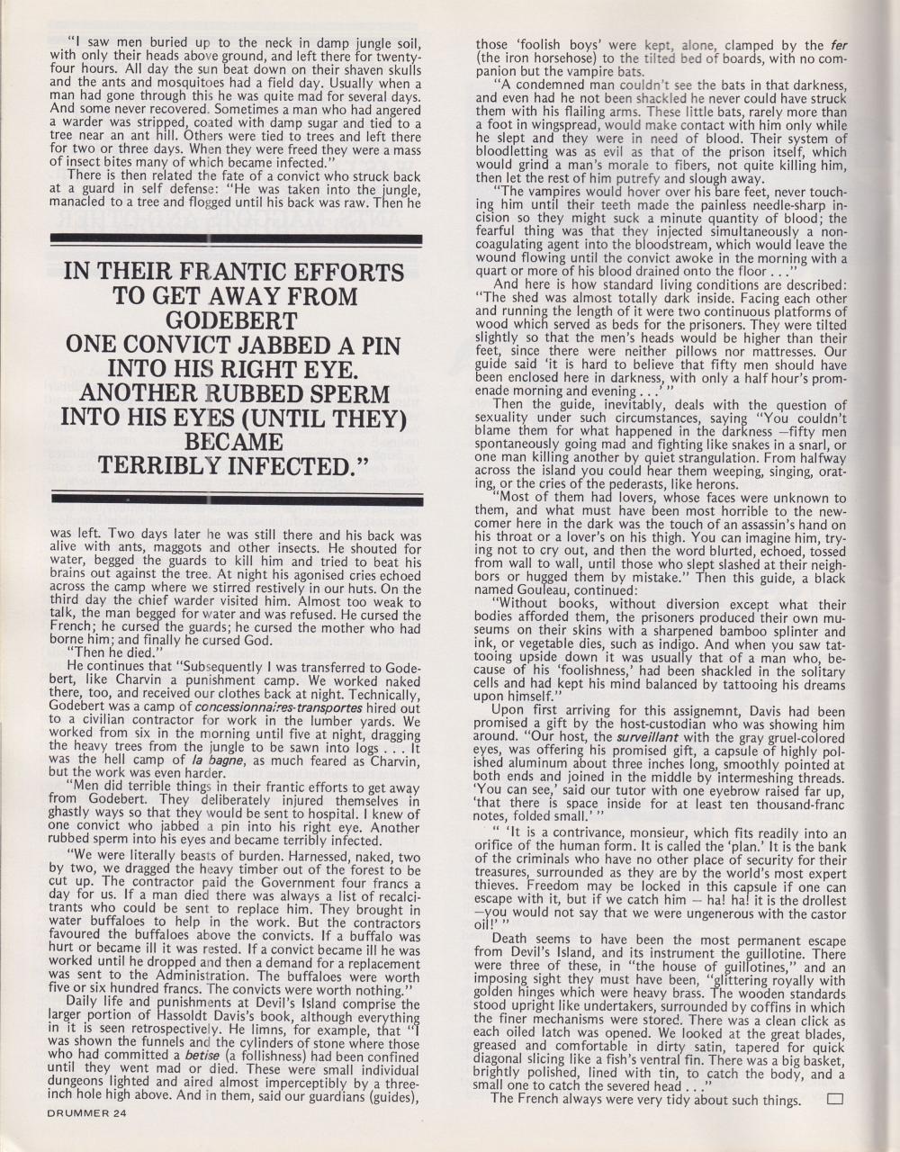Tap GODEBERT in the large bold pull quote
point(235,321)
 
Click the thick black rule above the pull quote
point(238,240)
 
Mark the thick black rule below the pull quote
point(238,497)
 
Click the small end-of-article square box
point(833,1098)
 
